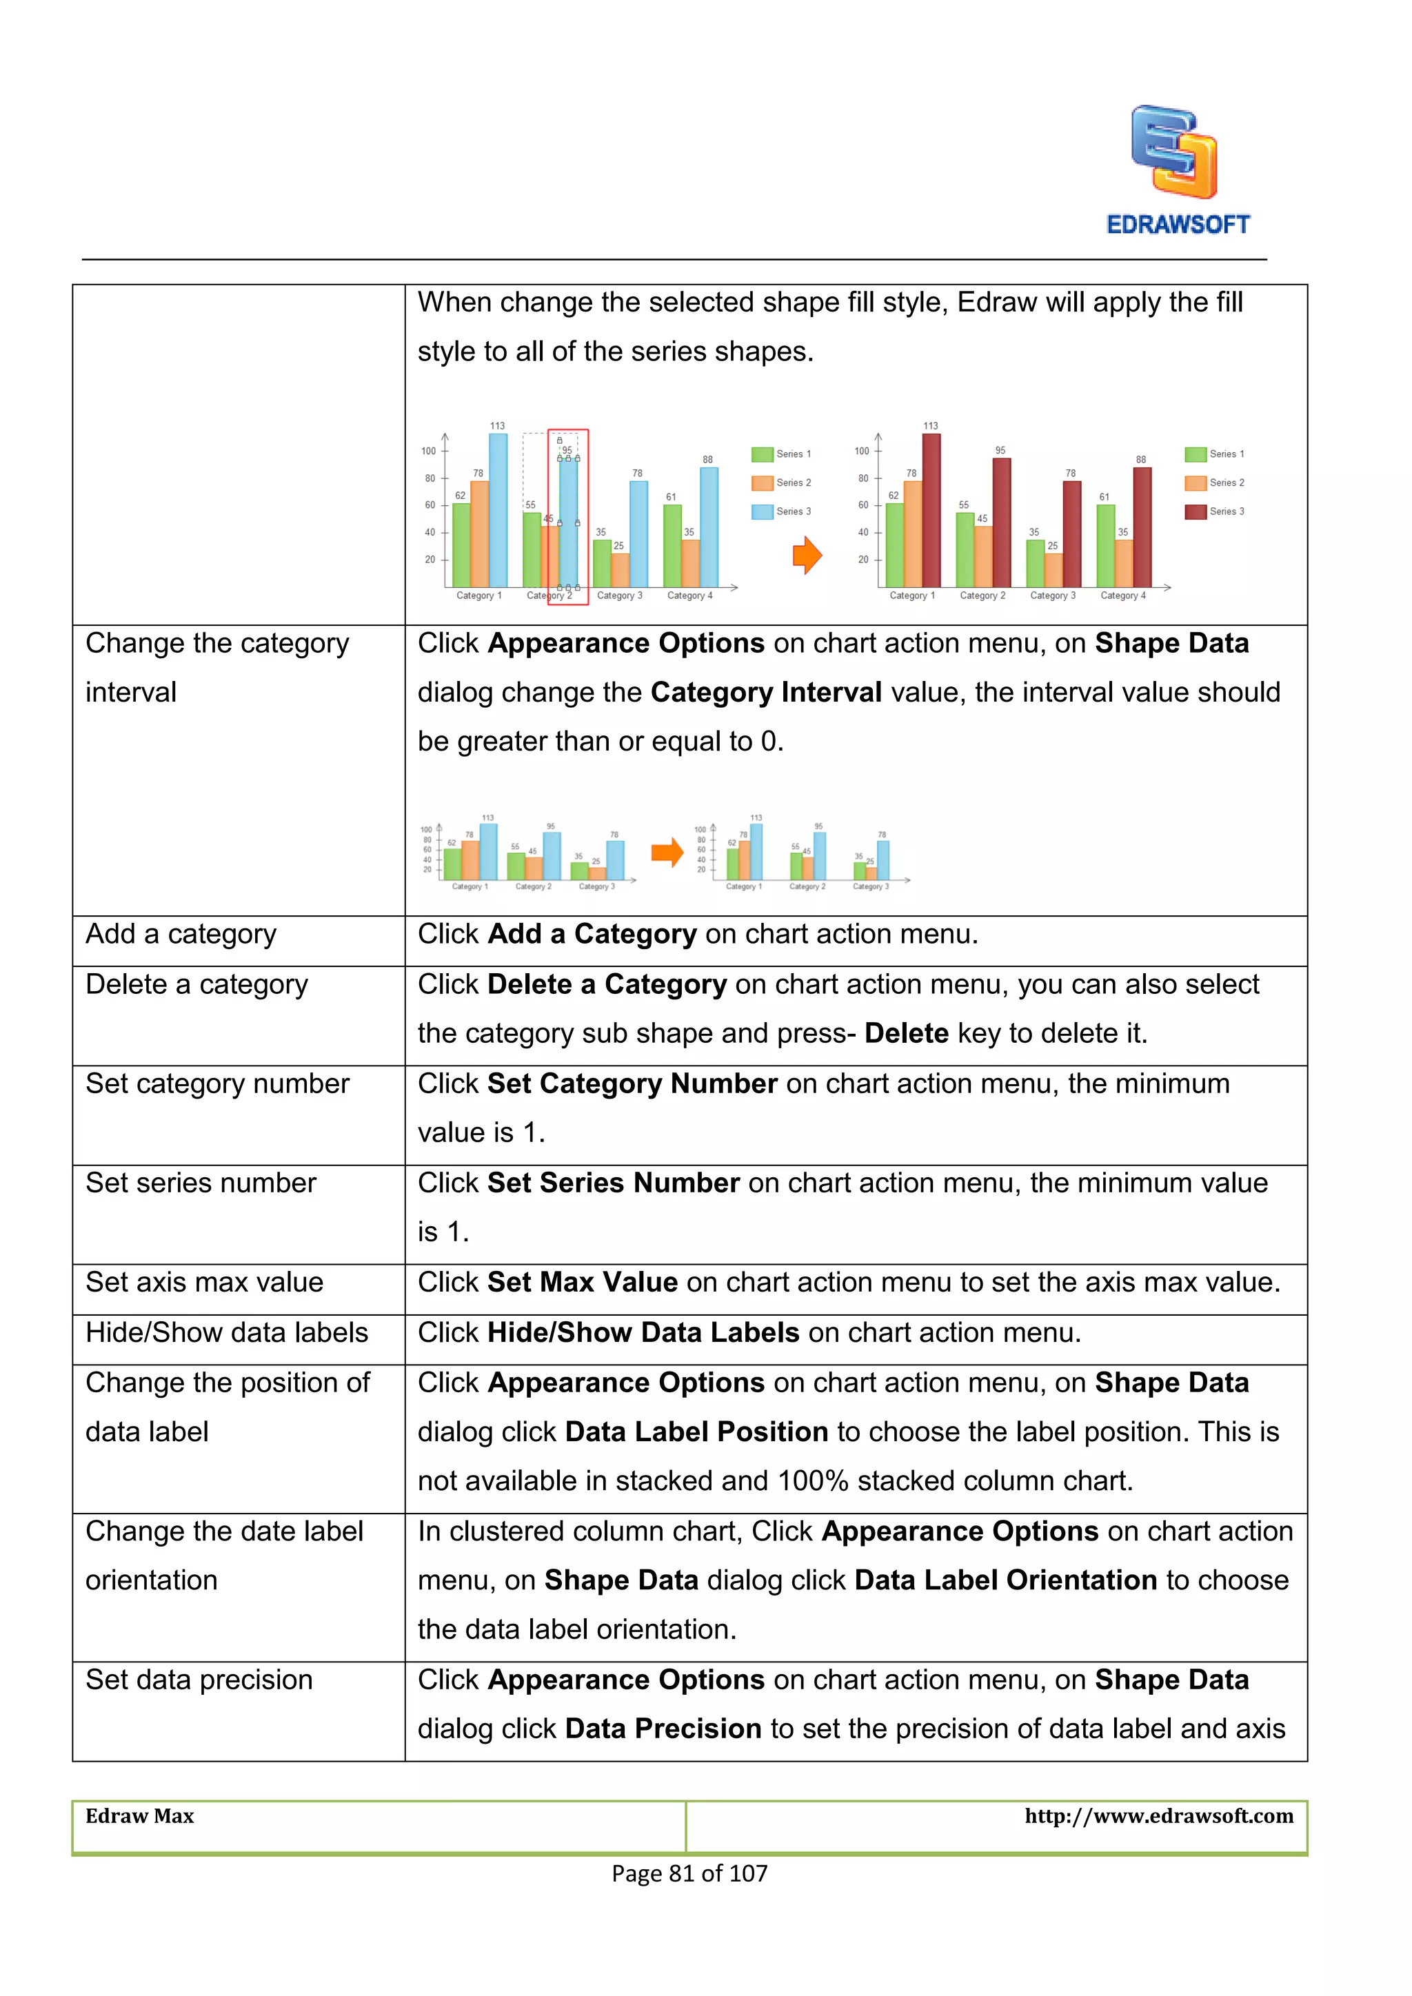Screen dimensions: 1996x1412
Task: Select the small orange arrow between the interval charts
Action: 667,852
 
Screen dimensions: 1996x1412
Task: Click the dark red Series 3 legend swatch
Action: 1196,511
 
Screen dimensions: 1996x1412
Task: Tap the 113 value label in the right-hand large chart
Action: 930,426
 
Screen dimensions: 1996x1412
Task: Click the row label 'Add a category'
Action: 181,935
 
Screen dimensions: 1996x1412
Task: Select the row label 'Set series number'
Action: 201,1183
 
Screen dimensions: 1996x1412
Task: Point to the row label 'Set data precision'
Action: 199,1680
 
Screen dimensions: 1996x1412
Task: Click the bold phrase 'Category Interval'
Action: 766,693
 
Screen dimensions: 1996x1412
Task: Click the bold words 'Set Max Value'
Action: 582,1282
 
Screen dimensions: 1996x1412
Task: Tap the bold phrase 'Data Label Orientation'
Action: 1005,1580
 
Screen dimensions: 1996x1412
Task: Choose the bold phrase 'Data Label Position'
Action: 696,1432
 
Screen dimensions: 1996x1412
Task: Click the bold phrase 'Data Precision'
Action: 663,1729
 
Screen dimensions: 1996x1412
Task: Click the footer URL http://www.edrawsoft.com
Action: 1158,1816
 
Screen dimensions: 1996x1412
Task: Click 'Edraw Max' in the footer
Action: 140,1816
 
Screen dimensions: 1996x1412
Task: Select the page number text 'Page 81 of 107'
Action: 689,1873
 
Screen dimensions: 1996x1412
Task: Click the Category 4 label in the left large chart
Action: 689,595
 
